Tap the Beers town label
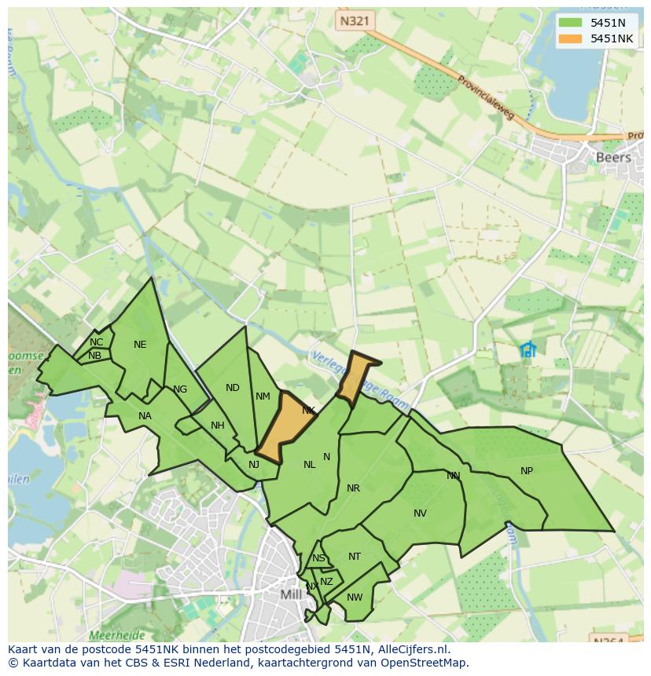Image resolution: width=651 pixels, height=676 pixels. point(613,157)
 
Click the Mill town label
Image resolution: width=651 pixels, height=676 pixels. point(291,594)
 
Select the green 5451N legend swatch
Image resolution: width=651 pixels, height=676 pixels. point(570,23)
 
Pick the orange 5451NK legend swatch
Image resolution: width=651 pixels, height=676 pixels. point(570,38)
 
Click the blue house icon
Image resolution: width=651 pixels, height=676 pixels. point(528,349)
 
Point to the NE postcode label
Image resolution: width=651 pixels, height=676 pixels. point(140,345)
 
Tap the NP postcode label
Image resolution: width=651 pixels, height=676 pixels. point(527,471)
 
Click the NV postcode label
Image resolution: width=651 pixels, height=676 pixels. point(420,513)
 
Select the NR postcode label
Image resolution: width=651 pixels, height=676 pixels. point(353,488)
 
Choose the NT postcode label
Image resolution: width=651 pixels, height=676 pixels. point(355,557)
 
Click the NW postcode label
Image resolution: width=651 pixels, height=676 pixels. point(355,597)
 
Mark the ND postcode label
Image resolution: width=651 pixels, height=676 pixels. point(232,388)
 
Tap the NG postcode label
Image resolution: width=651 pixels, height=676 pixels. point(180,389)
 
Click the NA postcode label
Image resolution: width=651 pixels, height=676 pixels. point(145,416)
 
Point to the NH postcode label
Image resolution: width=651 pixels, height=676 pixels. point(218,426)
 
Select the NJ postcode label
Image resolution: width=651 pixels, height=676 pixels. point(253,465)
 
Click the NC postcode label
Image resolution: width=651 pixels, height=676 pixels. point(96,342)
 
